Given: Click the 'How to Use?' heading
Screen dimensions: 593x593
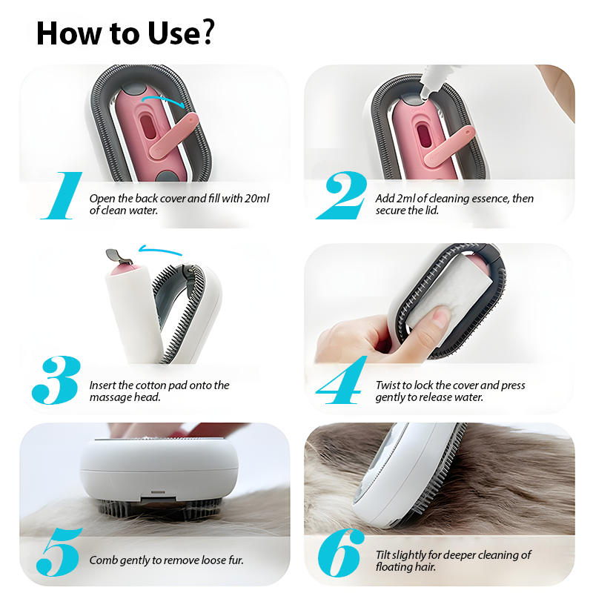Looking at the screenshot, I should point(125,33).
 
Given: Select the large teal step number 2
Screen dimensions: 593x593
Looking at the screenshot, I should point(342,196).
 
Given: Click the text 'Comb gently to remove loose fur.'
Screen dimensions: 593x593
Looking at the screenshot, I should point(166,560).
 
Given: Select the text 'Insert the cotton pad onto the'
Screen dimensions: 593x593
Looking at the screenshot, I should point(159,385).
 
